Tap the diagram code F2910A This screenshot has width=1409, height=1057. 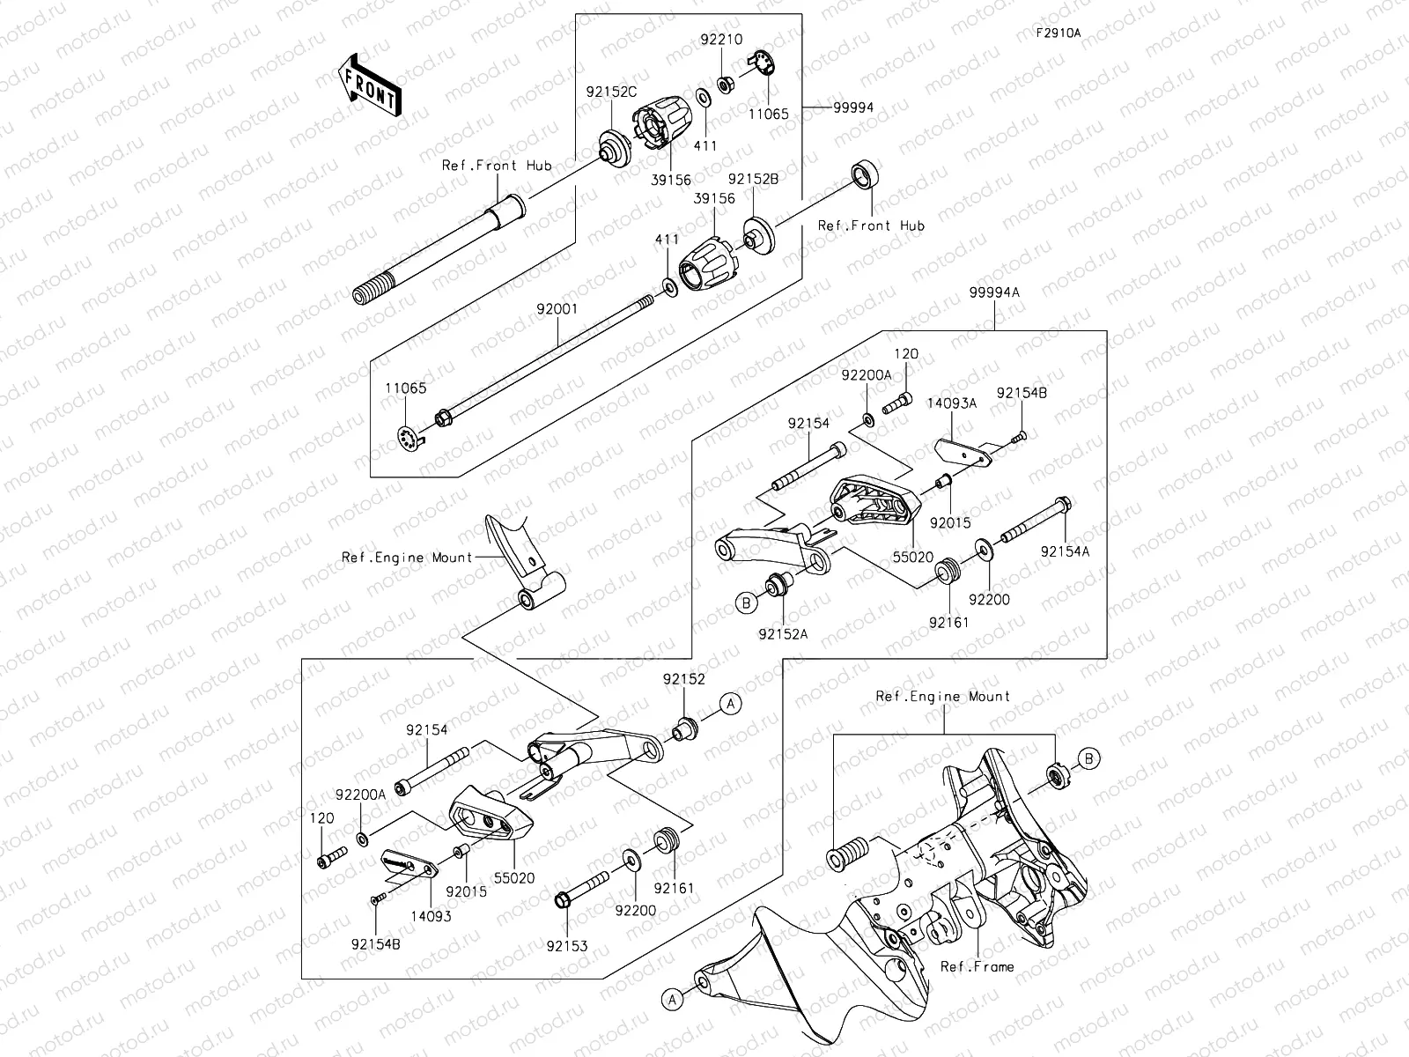tap(1058, 33)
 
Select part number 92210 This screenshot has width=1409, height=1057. tap(721, 40)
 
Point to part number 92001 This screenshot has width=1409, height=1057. tap(557, 311)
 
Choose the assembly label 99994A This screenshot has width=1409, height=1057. tap(994, 292)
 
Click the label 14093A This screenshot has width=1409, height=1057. tap(951, 403)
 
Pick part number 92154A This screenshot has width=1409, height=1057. tap(1065, 551)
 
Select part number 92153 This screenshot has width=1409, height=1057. tap(566, 946)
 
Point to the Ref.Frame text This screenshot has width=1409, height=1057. tap(977, 966)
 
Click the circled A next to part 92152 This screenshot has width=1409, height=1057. tap(731, 702)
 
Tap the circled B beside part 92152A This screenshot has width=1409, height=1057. tap(747, 603)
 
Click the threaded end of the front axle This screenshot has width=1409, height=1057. tap(373, 292)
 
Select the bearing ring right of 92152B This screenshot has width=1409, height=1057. tap(865, 174)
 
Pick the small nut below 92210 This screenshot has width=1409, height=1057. tap(727, 85)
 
